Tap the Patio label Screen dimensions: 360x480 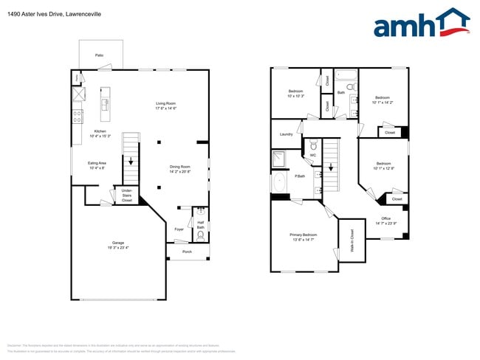[99, 55]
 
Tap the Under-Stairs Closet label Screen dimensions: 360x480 [127, 195]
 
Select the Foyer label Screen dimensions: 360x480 [179, 229]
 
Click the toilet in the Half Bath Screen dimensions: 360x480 [199, 236]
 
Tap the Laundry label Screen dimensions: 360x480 [286, 134]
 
